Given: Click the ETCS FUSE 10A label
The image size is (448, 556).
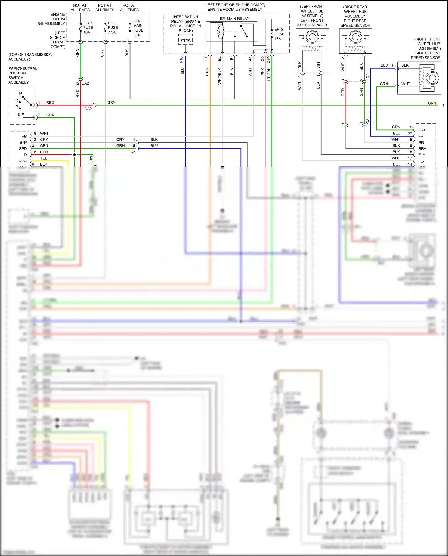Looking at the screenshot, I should coord(88,27).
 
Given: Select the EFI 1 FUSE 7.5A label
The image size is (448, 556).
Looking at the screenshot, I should coord(113,27).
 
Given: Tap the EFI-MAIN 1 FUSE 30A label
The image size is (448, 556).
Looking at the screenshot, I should coord(138,28).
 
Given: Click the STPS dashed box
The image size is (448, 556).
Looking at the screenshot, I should coord(185,41).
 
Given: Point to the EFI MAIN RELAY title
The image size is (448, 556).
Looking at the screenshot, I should coord(234,19).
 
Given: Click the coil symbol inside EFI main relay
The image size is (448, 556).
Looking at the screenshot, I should coord(221,31).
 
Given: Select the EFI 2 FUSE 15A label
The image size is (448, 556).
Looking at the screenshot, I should coord(279,34).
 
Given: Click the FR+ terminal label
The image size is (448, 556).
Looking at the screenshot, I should coord(422,130).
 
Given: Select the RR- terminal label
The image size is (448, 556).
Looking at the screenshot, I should coord(421,143).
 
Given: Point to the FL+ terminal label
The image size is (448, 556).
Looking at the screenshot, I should coord(421,155).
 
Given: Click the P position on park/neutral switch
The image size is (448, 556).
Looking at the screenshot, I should coord(21,94).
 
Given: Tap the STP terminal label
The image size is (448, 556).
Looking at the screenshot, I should coord(23,143).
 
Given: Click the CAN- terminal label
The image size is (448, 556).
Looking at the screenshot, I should coord(22,161).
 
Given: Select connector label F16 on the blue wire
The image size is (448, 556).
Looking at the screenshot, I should coord(181,59).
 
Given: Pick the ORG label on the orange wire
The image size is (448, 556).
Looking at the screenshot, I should coord(207,71).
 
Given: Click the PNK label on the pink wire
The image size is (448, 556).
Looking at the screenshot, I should coord(263,71).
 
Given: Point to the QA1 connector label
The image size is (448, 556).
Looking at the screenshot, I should coord(368,120).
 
